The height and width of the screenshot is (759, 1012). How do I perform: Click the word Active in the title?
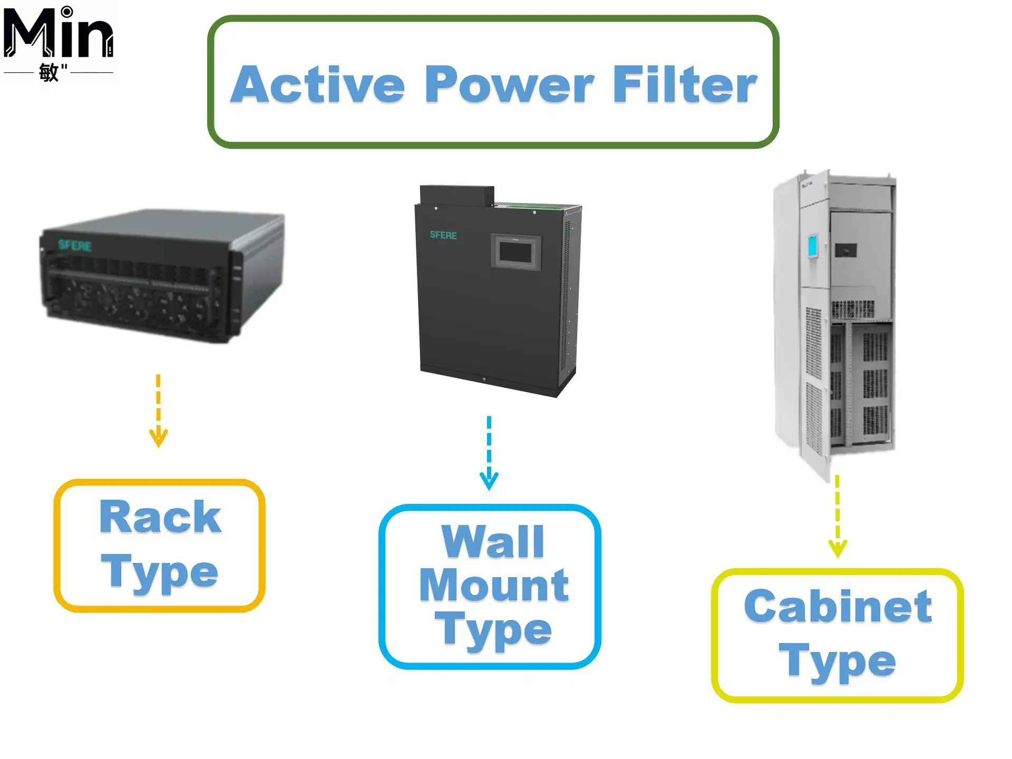[x=318, y=84]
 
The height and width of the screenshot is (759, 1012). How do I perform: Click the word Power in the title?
[x=510, y=84]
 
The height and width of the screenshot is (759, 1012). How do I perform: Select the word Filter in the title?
[x=685, y=84]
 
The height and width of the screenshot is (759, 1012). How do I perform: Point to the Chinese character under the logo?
[x=48, y=72]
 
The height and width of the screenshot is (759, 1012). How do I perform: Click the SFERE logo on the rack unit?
[x=75, y=245]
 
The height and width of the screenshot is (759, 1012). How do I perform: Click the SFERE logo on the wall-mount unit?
[x=443, y=235]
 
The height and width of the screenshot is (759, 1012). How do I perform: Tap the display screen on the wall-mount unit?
[x=516, y=252]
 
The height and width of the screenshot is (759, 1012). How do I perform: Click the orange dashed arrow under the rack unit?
[x=158, y=411]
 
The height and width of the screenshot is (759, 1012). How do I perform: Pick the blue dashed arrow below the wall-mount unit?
[x=489, y=453]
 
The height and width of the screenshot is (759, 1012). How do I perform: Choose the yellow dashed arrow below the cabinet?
[x=838, y=517]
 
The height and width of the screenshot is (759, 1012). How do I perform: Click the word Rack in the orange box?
[x=160, y=517]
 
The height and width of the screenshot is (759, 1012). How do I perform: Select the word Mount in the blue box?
[x=494, y=585]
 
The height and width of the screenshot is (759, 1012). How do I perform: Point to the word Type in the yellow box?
[x=838, y=661]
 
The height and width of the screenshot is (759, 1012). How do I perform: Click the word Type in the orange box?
[x=160, y=573]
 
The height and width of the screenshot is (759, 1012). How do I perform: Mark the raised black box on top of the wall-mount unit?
[x=457, y=195]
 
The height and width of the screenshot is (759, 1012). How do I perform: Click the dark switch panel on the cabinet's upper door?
[x=845, y=250]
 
